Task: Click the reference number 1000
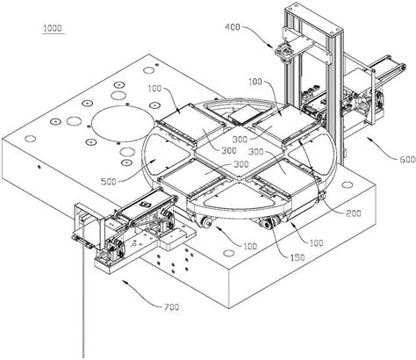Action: pos(53,28)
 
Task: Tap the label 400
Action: pos(233,27)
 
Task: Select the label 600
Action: pos(408,159)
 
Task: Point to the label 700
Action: pos(171,307)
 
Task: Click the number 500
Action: pos(109,182)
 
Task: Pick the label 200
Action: pos(354,213)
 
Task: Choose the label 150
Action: pos(298,257)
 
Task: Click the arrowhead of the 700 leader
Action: pos(124,281)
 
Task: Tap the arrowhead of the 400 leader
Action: pos(271,46)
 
